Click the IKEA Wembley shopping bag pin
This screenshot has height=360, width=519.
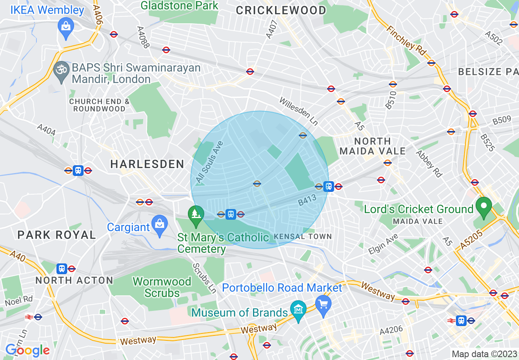point(65,27)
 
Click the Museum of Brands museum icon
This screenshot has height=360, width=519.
point(298,310)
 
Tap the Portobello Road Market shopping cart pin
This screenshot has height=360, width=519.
point(323,305)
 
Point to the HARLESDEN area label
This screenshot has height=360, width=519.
point(147,164)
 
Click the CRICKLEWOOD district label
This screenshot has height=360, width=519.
point(281,11)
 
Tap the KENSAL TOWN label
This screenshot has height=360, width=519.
point(302,236)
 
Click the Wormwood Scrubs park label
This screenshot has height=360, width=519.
point(162,287)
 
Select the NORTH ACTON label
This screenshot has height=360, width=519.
point(74,280)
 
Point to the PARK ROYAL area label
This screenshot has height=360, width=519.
point(56,235)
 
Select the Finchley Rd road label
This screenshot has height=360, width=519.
point(406,41)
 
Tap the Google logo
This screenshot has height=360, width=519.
point(27,350)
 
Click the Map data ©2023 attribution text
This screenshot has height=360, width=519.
point(484,354)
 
